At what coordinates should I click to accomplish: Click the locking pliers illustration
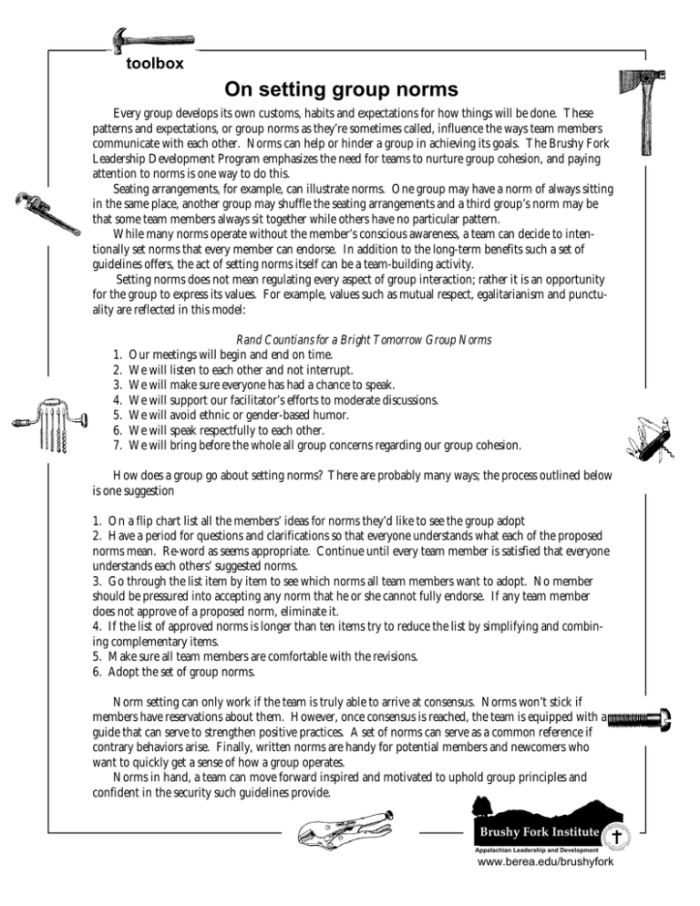pos(343,830)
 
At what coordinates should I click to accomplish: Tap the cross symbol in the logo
pos(616,835)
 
